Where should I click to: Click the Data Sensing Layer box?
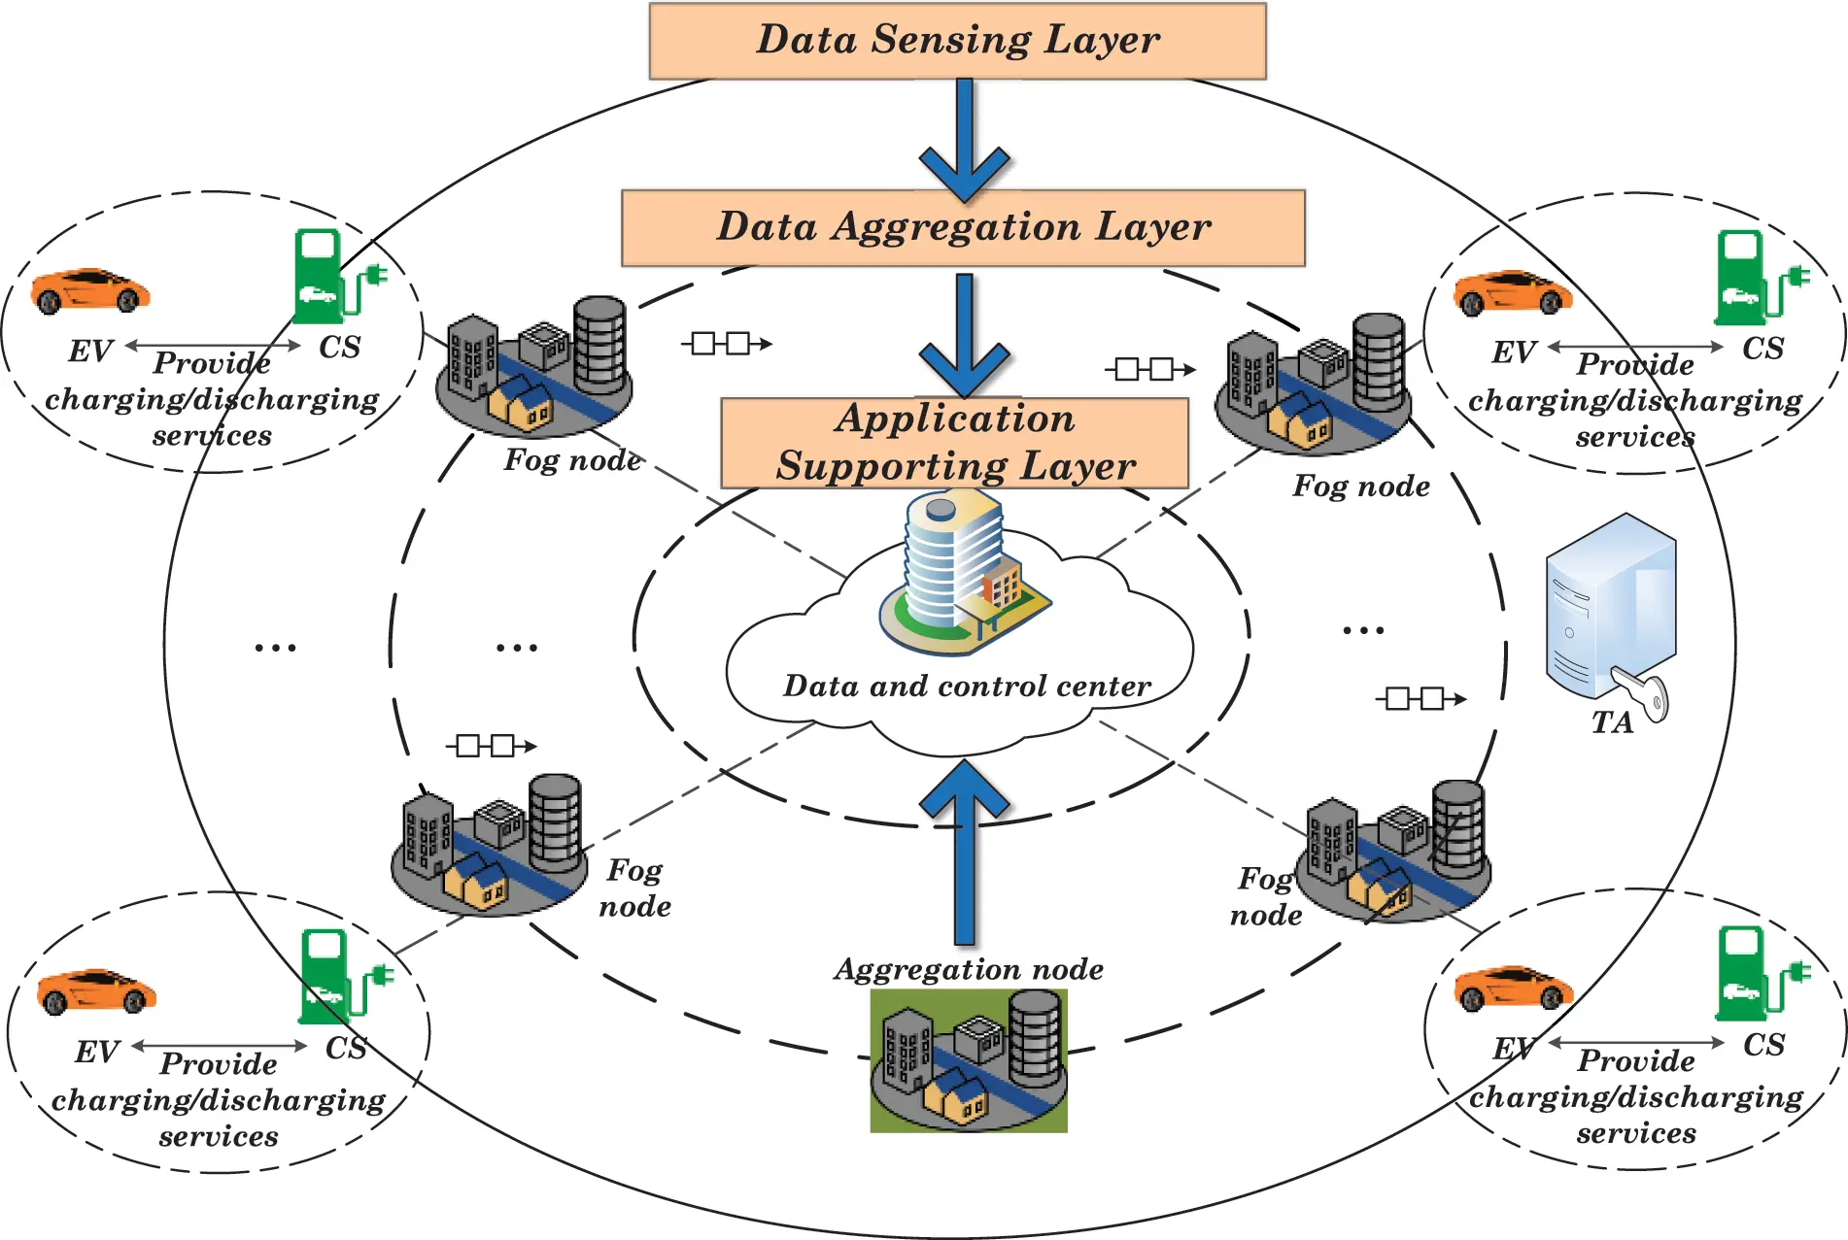(957, 41)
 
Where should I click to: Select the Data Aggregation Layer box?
(962, 227)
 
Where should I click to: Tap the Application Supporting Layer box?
(954, 443)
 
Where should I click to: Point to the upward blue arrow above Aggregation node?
(964, 845)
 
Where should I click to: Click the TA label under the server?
(1612, 722)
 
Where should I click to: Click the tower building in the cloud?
(957, 573)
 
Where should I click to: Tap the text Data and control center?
(967, 687)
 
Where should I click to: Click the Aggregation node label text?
(969, 969)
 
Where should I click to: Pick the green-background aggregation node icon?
(969, 1060)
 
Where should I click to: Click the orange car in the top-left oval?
(90, 290)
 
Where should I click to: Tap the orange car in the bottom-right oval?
(1513, 988)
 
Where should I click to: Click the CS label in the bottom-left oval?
(346, 1049)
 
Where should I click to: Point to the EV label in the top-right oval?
(1513, 352)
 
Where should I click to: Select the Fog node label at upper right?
(1360, 486)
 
